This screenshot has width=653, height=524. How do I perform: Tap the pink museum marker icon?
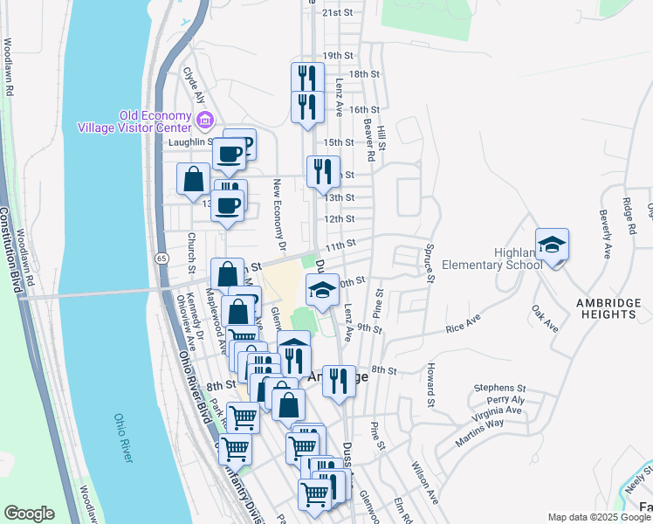pyautogui.click(x=205, y=119)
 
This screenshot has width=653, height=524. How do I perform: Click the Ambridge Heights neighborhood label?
pyautogui.click(x=608, y=308)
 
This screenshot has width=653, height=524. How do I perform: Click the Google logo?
pyautogui.click(x=29, y=514)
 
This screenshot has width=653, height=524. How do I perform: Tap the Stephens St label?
pyautogui.click(x=499, y=387)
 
